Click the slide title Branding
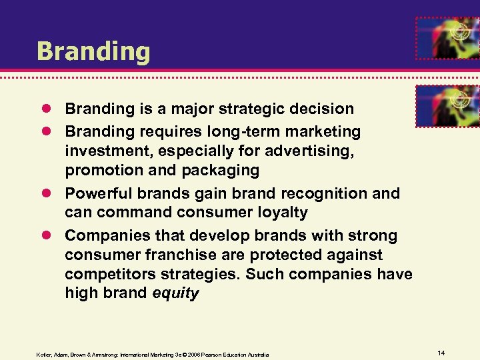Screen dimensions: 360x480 click(93, 51)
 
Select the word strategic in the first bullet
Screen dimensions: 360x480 click(248, 108)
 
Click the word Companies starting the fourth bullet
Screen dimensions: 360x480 click(103, 235)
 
